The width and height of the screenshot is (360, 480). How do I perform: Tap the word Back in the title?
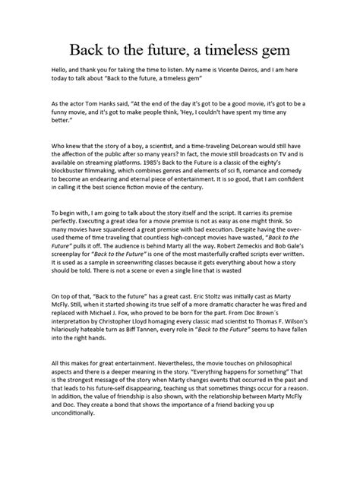pyautogui.click(x=90, y=52)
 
